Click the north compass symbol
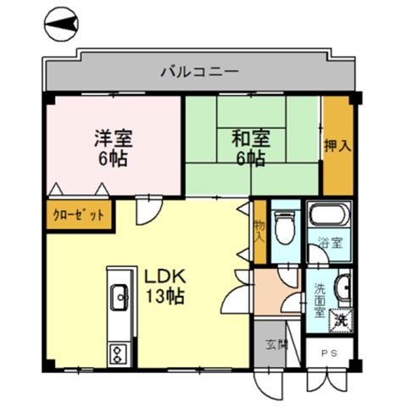coord(61,24)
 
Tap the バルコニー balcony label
coord(200,72)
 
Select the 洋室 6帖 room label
coord(114,148)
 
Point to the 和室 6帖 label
coord(251,148)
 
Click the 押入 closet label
coord(337,146)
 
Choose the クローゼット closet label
coord(79,215)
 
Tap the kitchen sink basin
coord(120,297)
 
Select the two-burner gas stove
coord(119,354)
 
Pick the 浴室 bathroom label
coord(330,243)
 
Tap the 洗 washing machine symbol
coord(342,320)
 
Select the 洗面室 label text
coord(321,300)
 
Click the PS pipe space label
coord(329,353)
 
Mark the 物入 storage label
coord(259,231)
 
